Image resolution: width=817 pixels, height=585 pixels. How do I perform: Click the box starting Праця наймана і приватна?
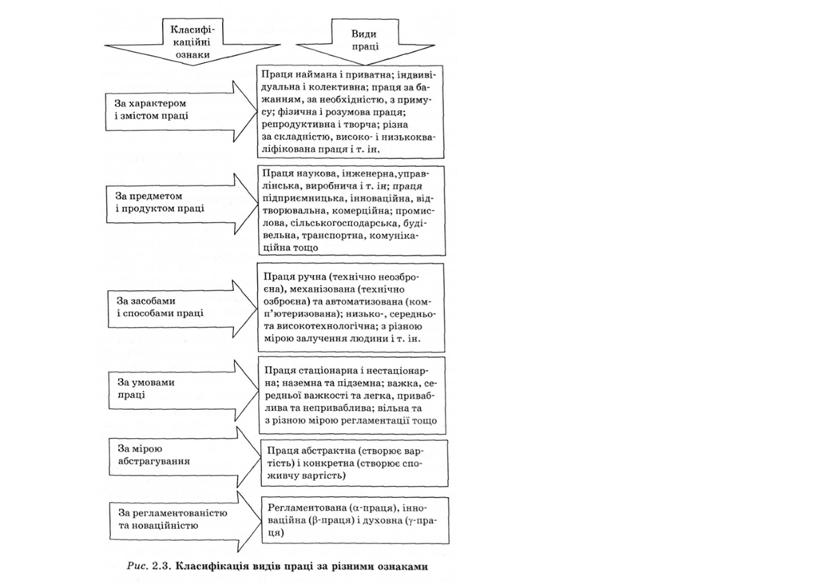pyautogui.click(x=351, y=111)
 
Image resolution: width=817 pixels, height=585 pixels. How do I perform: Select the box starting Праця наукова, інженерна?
pyautogui.click(x=351, y=209)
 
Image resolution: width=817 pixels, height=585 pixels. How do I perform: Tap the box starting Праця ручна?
pyautogui.click(x=351, y=307)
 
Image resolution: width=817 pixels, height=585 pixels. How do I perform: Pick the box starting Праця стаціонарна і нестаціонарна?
pyautogui.click(x=351, y=396)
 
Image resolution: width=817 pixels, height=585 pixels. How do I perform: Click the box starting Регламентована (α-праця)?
pyautogui.click(x=351, y=520)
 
